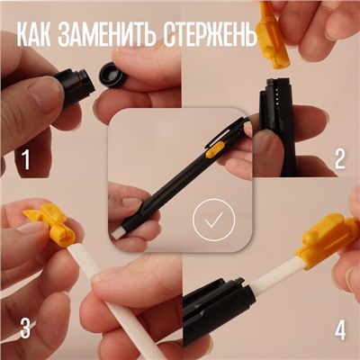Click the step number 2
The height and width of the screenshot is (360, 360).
click(x=339, y=160)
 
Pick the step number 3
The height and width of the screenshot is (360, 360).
click(x=25, y=328)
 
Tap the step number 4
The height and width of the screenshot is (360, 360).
click(x=339, y=329)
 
